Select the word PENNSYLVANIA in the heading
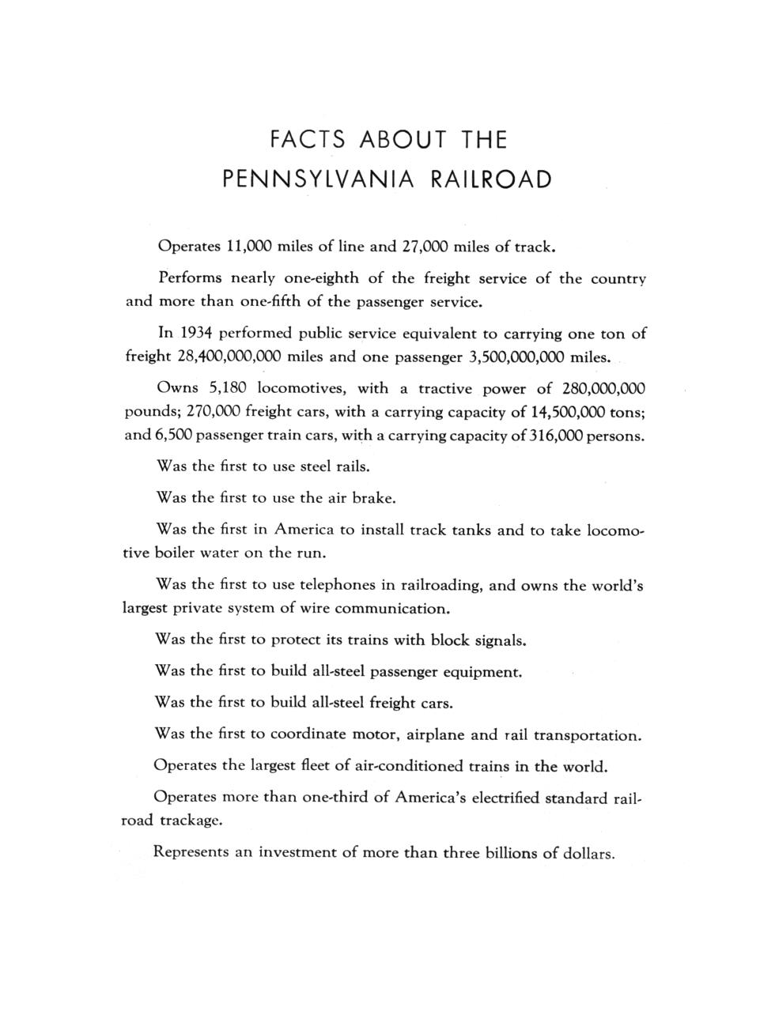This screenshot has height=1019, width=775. [318, 179]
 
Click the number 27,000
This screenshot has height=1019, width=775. [425, 246]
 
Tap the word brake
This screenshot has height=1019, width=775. [372, 498]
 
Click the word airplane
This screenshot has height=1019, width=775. [434, 734]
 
